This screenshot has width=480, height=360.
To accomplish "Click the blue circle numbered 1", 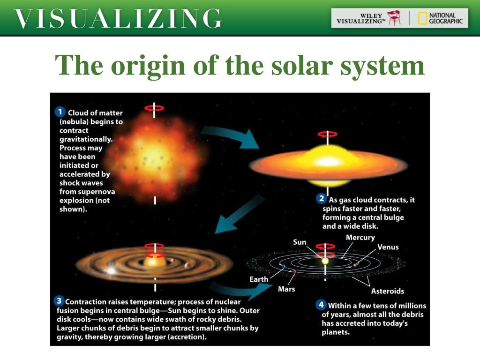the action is (x=60, y=112).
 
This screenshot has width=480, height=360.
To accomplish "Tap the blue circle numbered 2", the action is (x=322, y=198).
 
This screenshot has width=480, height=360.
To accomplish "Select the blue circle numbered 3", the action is (x=59, y=300).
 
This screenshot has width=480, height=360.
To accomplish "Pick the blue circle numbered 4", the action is (x=321, y=305).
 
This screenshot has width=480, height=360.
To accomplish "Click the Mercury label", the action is (x=360, y=238).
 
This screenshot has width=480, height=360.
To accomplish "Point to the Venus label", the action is (x=388, y=247).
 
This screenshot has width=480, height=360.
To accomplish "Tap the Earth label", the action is (x=259, y=279).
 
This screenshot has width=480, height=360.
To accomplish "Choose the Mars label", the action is (x=286, y=289).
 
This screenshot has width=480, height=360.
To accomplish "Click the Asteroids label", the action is (x=388, y=291).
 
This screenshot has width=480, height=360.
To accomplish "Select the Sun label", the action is (x=300, y=242).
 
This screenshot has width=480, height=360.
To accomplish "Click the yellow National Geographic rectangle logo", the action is (x=422, y=18).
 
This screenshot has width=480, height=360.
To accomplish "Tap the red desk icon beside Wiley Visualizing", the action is (x=394, y=18).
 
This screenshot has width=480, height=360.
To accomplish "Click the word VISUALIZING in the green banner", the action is (x=118, y=19).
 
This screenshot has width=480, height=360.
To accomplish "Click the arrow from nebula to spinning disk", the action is (x=230, y=137).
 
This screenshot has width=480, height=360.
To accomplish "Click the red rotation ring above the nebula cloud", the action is (x=154, y=108).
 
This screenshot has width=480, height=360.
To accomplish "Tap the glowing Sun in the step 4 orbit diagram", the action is (x=325, y=261).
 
